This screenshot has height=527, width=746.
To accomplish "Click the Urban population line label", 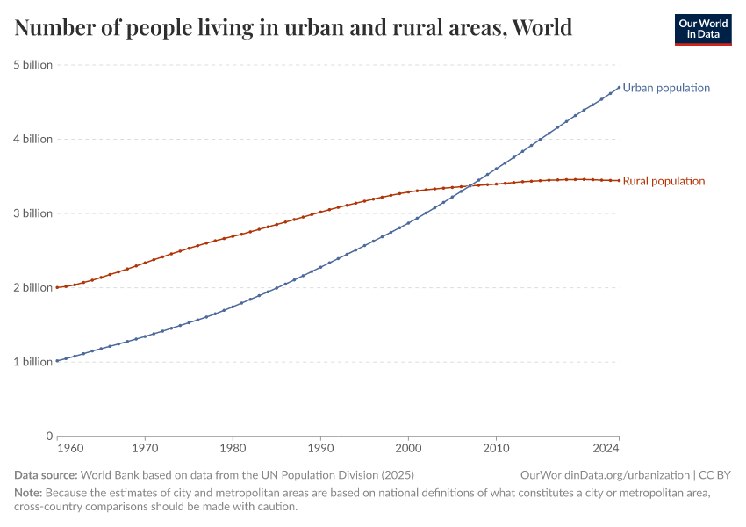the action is pos(666,88).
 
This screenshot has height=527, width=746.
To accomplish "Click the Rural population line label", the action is pos(664,181).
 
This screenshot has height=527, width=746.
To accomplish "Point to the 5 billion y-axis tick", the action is pos(32,65).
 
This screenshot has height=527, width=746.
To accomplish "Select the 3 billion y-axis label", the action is pos(32,213).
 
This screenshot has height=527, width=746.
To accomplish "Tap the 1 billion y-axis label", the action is pos(32,362).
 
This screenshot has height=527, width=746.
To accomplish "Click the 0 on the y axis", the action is pos(48,436).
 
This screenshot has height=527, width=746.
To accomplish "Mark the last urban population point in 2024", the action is pos(619,86).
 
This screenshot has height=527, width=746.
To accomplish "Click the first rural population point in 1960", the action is pos(57,287).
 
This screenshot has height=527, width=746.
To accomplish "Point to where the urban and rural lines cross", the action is pos(472,185).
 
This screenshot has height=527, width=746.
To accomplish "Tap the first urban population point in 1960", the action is pos(57,360).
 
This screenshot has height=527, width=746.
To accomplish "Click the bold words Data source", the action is pos(46,474).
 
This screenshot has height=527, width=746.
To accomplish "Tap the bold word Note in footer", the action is pos(28,493).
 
